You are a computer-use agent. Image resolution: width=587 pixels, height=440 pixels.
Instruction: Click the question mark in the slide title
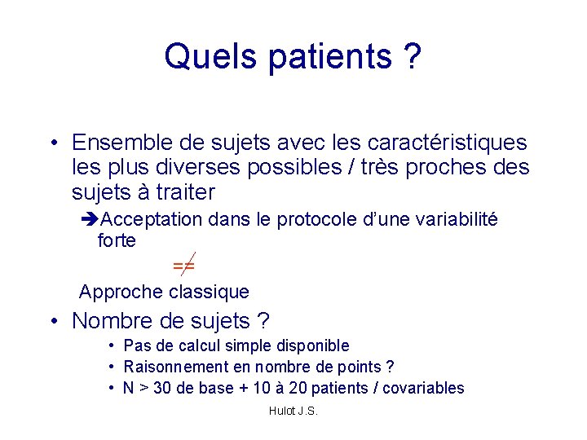411,56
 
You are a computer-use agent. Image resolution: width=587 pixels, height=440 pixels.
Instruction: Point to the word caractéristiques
439,143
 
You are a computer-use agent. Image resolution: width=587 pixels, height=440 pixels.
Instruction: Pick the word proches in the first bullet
448,168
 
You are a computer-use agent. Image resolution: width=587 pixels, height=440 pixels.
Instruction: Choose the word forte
117,241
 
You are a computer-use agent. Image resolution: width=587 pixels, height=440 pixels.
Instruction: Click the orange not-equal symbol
183,265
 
